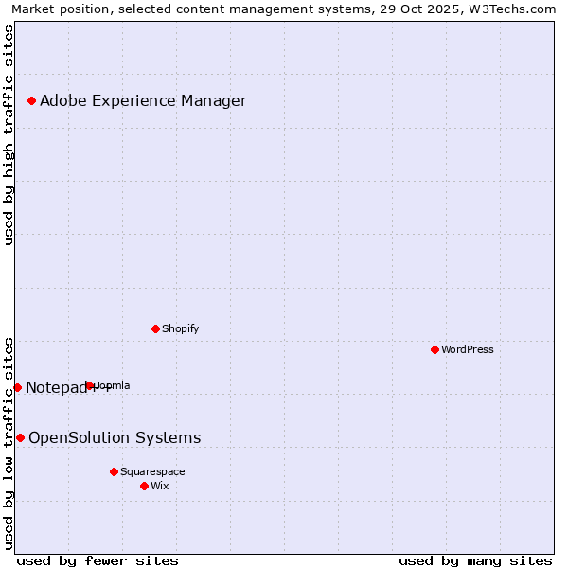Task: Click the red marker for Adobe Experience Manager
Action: (x=31, y=100)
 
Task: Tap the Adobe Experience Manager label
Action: (x=143, y=101)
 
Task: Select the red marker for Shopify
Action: (x=155, y=328)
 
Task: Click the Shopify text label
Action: (x=180, y=329)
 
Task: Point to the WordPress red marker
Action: (x=435, y=349)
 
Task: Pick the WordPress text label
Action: (x=467, y=350)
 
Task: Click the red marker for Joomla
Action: (x=90, y=385)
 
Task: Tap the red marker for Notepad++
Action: (x=17, y=387)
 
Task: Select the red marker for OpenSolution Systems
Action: (x=20, y=437)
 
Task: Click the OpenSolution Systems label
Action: (x=115, y=438)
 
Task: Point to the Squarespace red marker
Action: (x=114, y=471)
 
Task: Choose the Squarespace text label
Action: (x=152, y=472)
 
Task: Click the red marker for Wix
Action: (x=144, y=486)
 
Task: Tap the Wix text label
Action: (x=159, y=487)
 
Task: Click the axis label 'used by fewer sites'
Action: (x=98, y=560)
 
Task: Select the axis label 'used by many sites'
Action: (x=475, y=560)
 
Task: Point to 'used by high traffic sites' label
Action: (x=9, y=134)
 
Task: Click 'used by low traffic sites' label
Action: (x=9, y=443)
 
